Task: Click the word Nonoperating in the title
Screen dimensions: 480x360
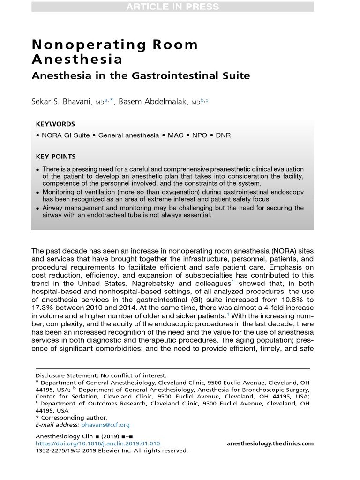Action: pos(82,45)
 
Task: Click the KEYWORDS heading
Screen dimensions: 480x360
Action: pos(55,124)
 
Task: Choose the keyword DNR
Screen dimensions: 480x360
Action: pos(223,135)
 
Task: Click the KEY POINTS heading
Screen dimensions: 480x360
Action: pos(56,157)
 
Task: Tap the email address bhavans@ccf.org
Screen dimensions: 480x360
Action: pos(99,425)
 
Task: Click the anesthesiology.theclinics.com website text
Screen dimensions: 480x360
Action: pos(270,443)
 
